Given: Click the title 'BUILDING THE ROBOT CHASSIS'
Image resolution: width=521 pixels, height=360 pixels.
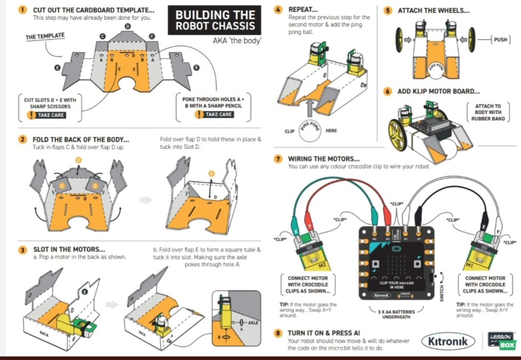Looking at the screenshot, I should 215,21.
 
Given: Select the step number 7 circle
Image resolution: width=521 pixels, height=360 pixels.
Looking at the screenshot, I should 278,159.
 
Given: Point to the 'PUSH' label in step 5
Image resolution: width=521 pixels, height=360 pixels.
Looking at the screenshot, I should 500,40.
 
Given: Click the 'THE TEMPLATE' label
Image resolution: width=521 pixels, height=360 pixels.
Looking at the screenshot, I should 45,36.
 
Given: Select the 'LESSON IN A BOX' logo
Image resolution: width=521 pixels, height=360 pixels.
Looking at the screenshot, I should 500,340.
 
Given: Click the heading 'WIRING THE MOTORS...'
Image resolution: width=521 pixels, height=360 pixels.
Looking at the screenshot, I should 324,159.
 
